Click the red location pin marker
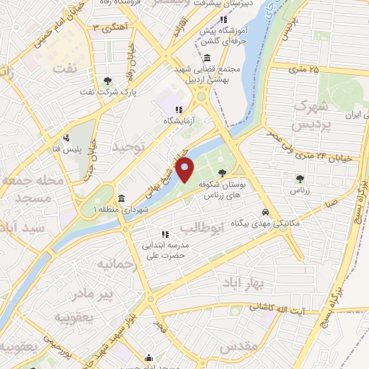[x=185, y=170]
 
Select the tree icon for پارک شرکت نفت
[x=107, y=81]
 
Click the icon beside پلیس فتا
[x=67, y=138]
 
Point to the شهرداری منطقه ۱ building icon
[x=121, y=198]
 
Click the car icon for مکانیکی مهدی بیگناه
[x=266, y=213]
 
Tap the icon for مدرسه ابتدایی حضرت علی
[x=165, y=234]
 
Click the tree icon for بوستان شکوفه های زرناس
[x=221, y=172]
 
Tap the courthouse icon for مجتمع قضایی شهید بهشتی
[x=207, y=58]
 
